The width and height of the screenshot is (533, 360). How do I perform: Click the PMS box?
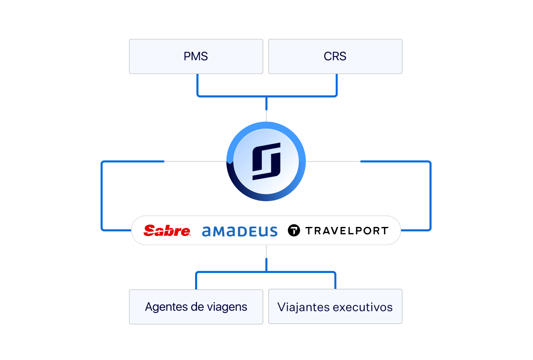pyautogui.click(x=196, y=56)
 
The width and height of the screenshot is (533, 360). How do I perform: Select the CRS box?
pyautogui.click(x=335, y=56)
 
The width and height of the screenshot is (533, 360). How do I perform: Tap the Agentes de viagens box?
pyautogui.click(x=196, y=307)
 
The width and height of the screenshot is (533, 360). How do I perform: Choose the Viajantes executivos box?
pyautogui.click(x=335, y=307)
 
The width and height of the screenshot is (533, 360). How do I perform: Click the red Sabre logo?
pyautogui.click(x=167, y=230)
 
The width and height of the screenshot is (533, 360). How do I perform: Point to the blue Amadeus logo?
pyautogui.click(x=240, y=231)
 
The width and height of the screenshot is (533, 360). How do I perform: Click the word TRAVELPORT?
pyautogui.click(x=347, y=230)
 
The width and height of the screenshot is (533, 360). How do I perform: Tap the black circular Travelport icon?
pyautogui.click(x=294, y=230)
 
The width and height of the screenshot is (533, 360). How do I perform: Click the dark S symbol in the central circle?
pyautogui.click(x=266, y=161)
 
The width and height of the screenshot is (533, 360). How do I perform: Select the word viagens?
pyautogui.click(x=227, y=307)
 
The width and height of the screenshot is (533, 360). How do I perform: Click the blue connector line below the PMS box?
pyautogui.click(x=198, y=86)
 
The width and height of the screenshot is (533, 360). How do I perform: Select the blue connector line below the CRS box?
pyautogui.click(x=337, y=86)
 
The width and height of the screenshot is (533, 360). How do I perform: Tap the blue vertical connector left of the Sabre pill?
pyautogui.click(x=102, y=196)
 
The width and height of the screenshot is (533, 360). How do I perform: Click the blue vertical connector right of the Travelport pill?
pyautogui.click(x=431, y=196)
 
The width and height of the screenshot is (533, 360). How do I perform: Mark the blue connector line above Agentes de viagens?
pyautogui.click(x=196, y=280)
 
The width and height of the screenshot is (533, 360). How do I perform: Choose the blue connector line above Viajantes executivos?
pyautogui.click(x=335, y=280)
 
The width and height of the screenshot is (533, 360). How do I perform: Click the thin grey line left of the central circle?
pyautogui.click(x=195, y=161)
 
